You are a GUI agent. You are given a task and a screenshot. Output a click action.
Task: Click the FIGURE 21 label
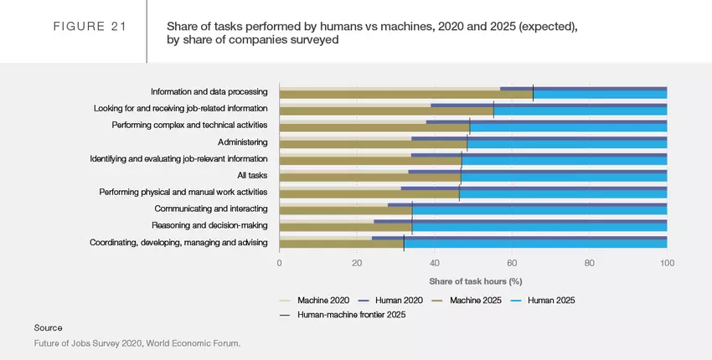[90, 27]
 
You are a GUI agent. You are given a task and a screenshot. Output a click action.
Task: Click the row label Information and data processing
[209, 92]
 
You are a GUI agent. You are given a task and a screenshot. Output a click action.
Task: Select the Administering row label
[243, 142]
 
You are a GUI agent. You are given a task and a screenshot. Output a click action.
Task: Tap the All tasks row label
[253, 176]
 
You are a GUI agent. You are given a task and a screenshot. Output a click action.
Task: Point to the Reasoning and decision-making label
[209, 226]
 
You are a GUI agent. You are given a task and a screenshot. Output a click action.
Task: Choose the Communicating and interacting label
[211, 209]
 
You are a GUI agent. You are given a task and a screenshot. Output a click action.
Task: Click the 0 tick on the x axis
[280, 263]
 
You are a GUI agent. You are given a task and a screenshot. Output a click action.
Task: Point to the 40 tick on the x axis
[435, 263]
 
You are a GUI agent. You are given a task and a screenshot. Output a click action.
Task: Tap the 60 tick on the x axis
[512, 263]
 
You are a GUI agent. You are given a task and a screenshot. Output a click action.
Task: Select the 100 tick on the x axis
[667, 263]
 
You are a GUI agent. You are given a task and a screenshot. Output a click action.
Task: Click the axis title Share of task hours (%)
[475, 281]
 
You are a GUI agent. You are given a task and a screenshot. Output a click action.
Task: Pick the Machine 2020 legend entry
[322, 300]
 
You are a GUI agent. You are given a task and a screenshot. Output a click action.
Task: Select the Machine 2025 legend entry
[477, 300]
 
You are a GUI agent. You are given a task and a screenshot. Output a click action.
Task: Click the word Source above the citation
[48, 327]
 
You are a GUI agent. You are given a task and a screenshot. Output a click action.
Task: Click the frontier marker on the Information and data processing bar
[533, 93]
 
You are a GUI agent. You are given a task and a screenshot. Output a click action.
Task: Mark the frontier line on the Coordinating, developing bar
[404, 243]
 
